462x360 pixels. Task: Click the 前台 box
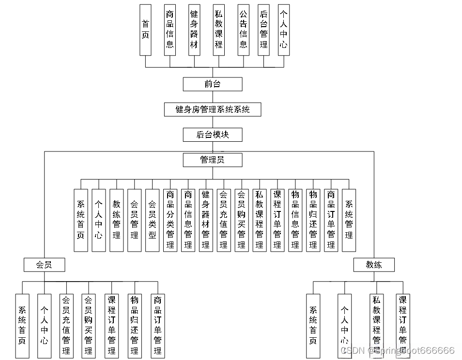click(x=212, y=84)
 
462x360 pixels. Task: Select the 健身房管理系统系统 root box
click(x=212, y=109)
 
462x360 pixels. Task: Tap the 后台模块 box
click(x=212, y=135)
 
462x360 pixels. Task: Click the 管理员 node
click(x=212, y=160)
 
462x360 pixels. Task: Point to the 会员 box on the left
click(x=44, y=265)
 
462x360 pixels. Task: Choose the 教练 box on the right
click(x=373, y=265)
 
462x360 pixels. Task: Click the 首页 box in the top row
click(x=145, y=30)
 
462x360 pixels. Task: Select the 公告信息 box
click(x=244, y=30)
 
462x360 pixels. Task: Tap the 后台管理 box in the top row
click(x=263, y=30)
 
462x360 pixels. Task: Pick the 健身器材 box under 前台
click(x=194, y=30)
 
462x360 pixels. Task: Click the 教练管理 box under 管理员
click(x=116, y=220)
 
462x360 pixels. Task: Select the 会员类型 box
click(x=152, y=220)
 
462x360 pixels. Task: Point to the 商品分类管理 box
click(x=170, y=220)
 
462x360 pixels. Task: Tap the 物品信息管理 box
click(x=295, y=220)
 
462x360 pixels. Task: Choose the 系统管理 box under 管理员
click(x=349, y=220)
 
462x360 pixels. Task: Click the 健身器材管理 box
click(x=205, y=220)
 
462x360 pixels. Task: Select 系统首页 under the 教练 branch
click(x=313, y=326)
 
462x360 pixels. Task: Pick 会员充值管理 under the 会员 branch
click(x=66, y=326)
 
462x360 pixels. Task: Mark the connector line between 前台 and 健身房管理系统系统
click(x=212, y=97)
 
